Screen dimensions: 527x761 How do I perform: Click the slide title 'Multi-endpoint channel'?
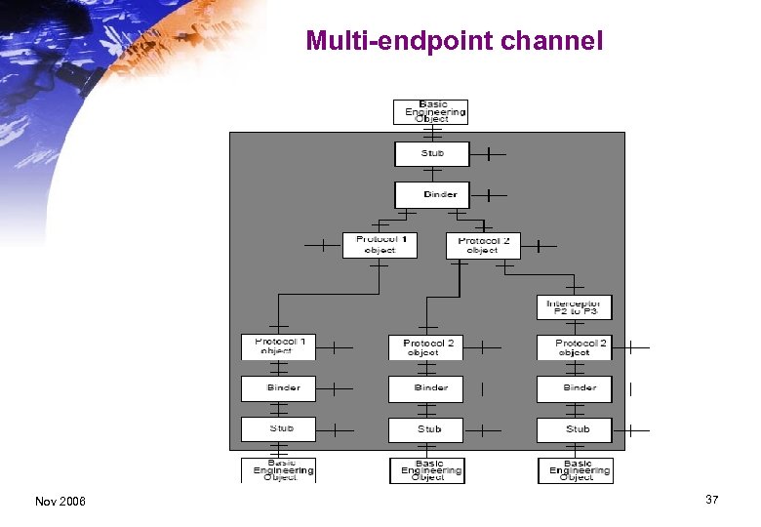pyautogui.click(x=455, y=41)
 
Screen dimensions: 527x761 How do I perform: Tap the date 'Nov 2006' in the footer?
pyautogui.click(x=60, y=501)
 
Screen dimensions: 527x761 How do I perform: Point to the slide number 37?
pyautogui.click(x=711, y=500)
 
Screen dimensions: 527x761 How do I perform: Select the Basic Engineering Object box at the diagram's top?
pyautogui.click(x=430, y=112)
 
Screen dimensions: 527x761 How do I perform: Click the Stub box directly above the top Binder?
pyautogui.click(x=431, y=154)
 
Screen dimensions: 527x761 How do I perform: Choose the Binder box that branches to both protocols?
pyautogui.click(x=431, y=194)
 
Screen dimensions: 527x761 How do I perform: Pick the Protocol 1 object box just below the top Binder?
pyautogui.click(x=380, y=245)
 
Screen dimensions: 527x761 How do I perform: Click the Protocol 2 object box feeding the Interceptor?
pyautogui.click(x=483, y=245)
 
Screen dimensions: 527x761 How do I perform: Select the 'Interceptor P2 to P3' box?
pyautogui.click(x=574, y=306)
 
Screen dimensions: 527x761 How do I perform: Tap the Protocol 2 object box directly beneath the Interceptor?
pyautogui.click(x=574, y=347)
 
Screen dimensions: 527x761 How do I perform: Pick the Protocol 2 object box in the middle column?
pyautogui.click(x=425, y=347)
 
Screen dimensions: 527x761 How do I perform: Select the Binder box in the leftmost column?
pyautogui.click(x=279, y=388)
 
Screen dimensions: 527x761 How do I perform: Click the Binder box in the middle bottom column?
pyautogui.click(x=425, y=388)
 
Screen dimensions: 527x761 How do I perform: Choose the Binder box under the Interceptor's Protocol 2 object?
pyautogui.click(x=574, y=388)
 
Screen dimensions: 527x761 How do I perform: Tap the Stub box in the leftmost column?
pyautogui.click(x=279, y=429)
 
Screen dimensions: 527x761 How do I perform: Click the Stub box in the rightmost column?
pyautogui.click(x=574, y=429)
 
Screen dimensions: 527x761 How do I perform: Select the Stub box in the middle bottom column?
pyautogui.click(x=425, y=429)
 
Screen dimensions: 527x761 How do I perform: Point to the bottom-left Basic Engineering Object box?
pyautogui.click(x=279, y=470)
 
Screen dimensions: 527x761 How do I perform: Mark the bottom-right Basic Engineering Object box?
pyautogui.click(x=576, y=470)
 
